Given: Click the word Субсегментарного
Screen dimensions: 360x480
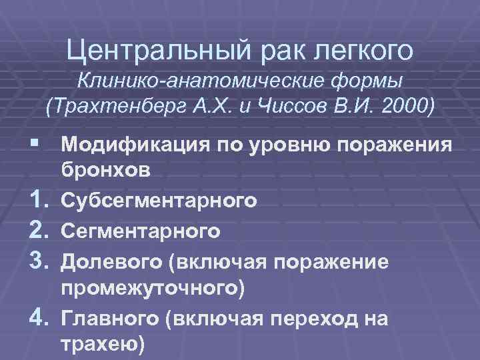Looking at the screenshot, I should [158, 201].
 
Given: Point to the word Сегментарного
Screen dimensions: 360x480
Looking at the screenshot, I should [141, 231].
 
